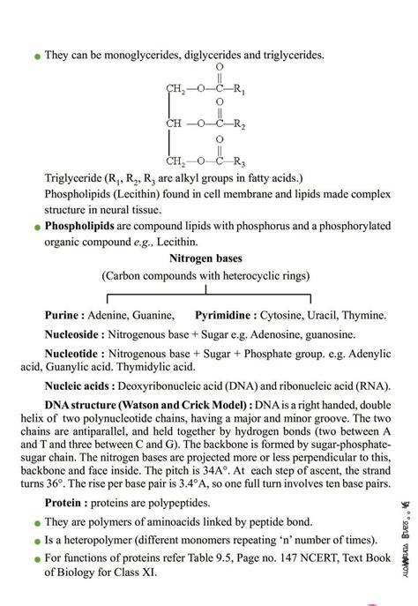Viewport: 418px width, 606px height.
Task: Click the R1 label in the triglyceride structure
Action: pyautogui.click(x=239, y=90)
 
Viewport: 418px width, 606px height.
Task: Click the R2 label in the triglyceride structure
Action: pyautogui.click(x=239, y=125)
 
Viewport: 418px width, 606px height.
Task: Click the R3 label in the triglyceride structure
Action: pyautogui.click(x=239, y=161)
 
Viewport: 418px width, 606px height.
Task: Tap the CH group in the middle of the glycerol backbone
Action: pyautogui.click(x=174, y=123)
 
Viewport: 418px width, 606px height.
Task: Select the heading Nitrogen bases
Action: pyautogui.click(x=205, y=258)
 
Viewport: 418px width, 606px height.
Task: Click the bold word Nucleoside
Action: pyautogui.click(x=74, y=335)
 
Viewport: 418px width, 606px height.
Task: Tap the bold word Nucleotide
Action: pyautogui.click(x=73, y=355)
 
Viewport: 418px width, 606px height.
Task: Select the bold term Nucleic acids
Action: pyautogui.click(x=79, y=385)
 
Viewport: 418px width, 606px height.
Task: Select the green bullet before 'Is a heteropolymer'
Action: pyautogui.click(x=36, y=542)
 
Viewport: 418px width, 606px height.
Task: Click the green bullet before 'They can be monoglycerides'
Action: pyautogui.click(x=36, y=56)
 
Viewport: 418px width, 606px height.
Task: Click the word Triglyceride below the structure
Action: pyautogui.click(x=73, y=177)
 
